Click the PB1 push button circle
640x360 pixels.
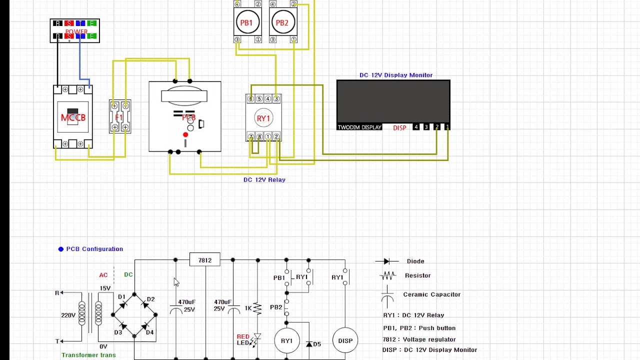pyautogui.click(x=246, y=22)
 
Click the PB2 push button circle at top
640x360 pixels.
pyautogui.click(x=282, y=22)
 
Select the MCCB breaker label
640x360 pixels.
pyautogui.click(x=73, y=117)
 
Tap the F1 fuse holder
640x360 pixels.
pyautogui.click(x=119, y=117)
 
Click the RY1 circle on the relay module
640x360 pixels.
pyautogui.click(x=263, y=118)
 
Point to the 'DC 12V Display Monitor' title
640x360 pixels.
pyautogui.click(x=396, y=75)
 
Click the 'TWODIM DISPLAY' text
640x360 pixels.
pyautogui.click(x=359, y=127)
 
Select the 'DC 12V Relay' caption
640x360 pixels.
pyautogui.click(x=264, y=179)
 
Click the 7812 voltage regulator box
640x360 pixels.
pyautogui.click(x=204, y=260)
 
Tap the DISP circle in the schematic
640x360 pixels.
pyautogui.click(x=345, y=340)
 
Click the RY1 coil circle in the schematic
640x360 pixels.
pyautogui.click(x=286, y=340)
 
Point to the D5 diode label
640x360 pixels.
pyautogui.click(x=317, y=344)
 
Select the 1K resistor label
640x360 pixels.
pyautogui.click(x=248, y=308)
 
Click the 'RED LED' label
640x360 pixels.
pyautogui.click(x=243, y=339)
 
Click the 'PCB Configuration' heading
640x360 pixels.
pyautogui.click(x=94, y=249)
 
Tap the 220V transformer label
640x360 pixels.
pyautogui.click(x=68, y=315)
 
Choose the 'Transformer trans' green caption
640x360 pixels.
pyautogui.click(x=88, y=355)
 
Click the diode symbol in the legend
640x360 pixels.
pyautogui.click(x=386, y=261)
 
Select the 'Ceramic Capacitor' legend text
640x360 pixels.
pyautogui.click(x=431, y=294)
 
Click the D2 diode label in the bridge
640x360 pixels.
pyautogui.click(x=150, y=299)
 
